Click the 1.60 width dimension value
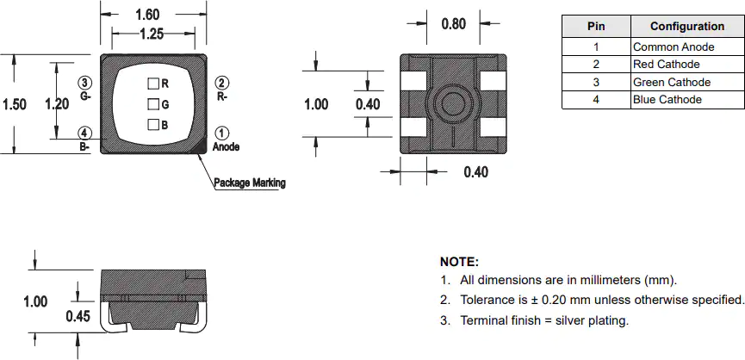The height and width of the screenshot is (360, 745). tap(147, 15)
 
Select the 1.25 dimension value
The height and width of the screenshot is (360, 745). tap(152, 34)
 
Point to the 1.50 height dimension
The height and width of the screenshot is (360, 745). tap(15, 104)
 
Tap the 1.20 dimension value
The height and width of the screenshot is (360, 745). tap(57, 104)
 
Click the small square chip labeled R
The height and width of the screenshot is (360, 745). tap(153, 84)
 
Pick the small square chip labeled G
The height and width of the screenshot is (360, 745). tap(153, 104)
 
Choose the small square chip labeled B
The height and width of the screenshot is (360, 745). tap(153, 125)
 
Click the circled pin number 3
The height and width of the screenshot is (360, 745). tap(84, 83)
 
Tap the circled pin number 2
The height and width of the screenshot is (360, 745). tap(222, 83)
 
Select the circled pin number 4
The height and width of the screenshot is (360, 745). tap(84, 133)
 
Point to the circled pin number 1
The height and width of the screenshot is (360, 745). tap(223, 133)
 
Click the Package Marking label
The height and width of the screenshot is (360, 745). tap(250, 183)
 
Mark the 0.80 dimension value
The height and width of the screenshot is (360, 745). tap(454, 23)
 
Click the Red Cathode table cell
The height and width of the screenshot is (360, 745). tap(687, 64)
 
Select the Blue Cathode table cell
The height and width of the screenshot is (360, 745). tap(687, 100)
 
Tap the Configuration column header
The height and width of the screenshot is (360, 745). tap(687, 26)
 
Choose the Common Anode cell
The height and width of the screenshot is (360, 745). tap(687, 47)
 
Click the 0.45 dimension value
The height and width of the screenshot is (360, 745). tap(78, 316)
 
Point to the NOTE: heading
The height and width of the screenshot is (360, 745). tap(459, 262)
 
